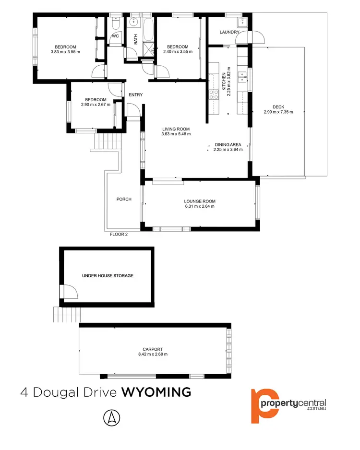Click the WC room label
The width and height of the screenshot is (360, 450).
coord(115,36)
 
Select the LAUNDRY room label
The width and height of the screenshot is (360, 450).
coord(229,32)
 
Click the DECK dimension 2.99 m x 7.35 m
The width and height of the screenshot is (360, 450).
coord(278,112)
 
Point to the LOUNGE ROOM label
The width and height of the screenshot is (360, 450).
coord(200,201)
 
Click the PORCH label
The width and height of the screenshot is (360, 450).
coord(124,199)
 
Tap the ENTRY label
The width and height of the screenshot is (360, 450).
coord(135,95)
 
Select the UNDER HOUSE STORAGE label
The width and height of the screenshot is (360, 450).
coord(107,276)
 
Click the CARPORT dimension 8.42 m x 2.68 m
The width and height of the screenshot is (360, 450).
coord(153,354)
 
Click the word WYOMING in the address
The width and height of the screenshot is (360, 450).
coord(156,392)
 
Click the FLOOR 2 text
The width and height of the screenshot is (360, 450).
coord(118,235)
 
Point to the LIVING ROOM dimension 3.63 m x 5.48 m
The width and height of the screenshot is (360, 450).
coord(176,134)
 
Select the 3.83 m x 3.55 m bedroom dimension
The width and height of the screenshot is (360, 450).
coord(65,52)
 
